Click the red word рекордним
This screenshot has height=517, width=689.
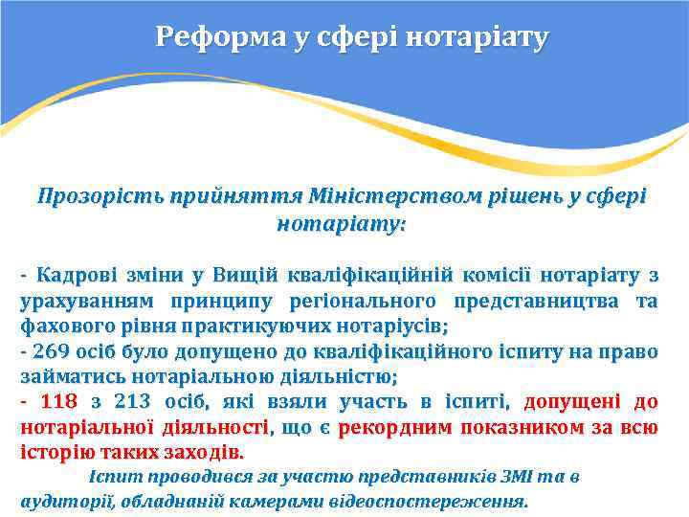(x=395, y=426)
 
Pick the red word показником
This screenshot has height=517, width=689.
(x=516, y=426)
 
